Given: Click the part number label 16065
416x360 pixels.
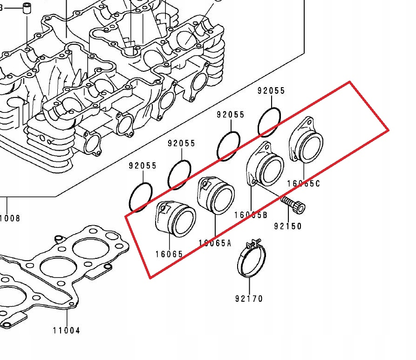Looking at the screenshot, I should click(x=169, y=255).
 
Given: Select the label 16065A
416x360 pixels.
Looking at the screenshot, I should click(x=215, y=243).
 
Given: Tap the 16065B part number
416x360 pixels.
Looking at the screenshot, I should click(x=251, y=215).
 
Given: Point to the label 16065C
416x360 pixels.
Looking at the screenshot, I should click(x=304, y=184).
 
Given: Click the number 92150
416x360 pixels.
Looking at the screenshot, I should click(x=287, y=227).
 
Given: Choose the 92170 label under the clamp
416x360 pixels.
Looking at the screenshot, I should click(x=249, y=298).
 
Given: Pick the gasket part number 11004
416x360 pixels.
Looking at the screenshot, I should click(x=66, y=330).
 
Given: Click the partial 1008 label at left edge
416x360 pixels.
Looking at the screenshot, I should click(x=10, y=218).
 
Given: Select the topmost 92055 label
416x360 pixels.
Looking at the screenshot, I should click(x=271, y=91).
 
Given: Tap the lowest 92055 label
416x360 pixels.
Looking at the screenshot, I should click(x=143, y=166).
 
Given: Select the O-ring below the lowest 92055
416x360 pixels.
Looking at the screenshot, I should click(x=140, y=196).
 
